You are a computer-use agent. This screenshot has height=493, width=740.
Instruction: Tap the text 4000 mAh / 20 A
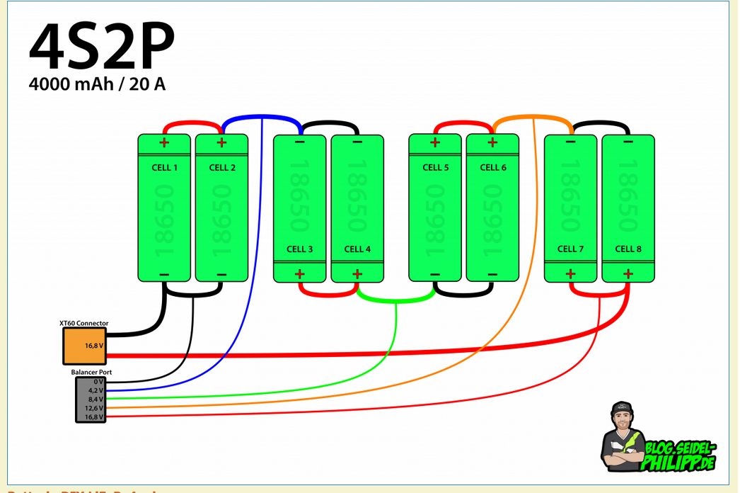click(x=98, y=84)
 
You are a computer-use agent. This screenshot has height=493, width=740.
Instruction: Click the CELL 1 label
click(x=164, y=168)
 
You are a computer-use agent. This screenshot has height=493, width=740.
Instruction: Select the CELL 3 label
click(x=300, y=249)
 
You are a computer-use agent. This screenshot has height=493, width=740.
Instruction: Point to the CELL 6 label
click(x=493, y=168)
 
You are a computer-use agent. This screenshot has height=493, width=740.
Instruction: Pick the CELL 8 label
click(x=628, y=249)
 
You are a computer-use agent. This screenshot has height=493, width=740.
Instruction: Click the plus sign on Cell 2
click(x=221, y=142)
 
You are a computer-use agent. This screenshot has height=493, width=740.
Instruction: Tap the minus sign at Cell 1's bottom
click(x=164, y=275)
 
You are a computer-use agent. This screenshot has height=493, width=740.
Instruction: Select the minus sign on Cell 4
click(x=357, y=142)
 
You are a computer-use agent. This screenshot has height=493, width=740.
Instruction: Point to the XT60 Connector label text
click(x=84, y=324)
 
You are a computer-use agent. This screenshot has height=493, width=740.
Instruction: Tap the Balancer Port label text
click(x=91, y=372)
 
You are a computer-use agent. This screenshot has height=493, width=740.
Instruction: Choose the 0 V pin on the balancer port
click(x=97, y=381)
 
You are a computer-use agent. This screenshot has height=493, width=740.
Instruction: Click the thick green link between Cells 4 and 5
click(x=395, y=300)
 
